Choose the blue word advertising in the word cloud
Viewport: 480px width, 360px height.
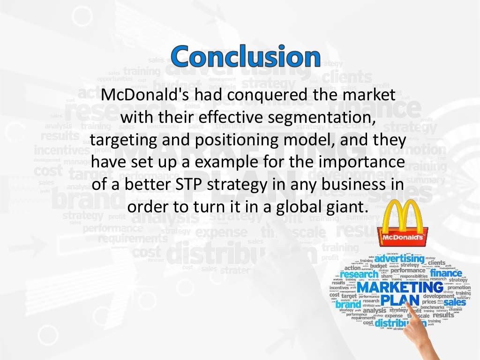pyautogui.click(x=399, y=258)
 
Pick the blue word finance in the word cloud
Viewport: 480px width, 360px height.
pyautogui.click(x=446, y=273)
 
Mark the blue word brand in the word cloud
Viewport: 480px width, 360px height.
pyautogui.click(x=348, y=304)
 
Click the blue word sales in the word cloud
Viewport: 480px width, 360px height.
pyautogui.click(x=455, y=302)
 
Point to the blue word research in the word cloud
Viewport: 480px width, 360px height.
pyautogui.click(x=359, y=275)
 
